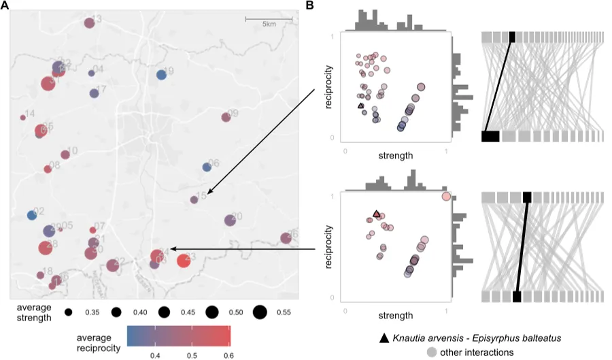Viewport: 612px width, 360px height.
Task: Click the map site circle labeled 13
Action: click(x=88, y=23)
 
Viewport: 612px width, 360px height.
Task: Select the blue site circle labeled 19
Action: click(x=161, y=75)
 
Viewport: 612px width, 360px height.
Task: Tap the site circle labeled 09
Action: click(x=226, y=117)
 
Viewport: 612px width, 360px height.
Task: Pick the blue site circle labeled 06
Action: click(x=207, y=167)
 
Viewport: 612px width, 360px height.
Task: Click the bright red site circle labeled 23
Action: click(x=183, y=261)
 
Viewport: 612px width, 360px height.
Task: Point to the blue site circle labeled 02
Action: click(x=31, y=216)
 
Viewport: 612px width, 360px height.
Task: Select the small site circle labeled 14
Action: click(x=22, y=117)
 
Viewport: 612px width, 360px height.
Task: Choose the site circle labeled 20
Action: click(x=229, y=220)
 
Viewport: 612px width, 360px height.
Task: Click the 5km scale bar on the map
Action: click(x=269, y=18)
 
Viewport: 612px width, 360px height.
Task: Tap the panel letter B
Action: click(x=310, y=5)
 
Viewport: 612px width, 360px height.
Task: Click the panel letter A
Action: click(x=5, y=5)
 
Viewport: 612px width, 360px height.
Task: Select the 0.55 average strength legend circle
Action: click(x=259, y=312)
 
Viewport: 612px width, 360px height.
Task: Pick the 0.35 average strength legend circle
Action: click(x=69, y=312)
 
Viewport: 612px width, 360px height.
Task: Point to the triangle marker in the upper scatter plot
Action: click(x=360, y=105)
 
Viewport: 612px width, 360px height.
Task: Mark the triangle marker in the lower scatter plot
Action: click(x=377, y=214)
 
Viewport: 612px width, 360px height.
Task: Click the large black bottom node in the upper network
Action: click(x=490, y=136)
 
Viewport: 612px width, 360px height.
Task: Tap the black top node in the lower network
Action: click(x=526, y=197)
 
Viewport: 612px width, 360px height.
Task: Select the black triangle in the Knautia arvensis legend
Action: click(x=384, y=338)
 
